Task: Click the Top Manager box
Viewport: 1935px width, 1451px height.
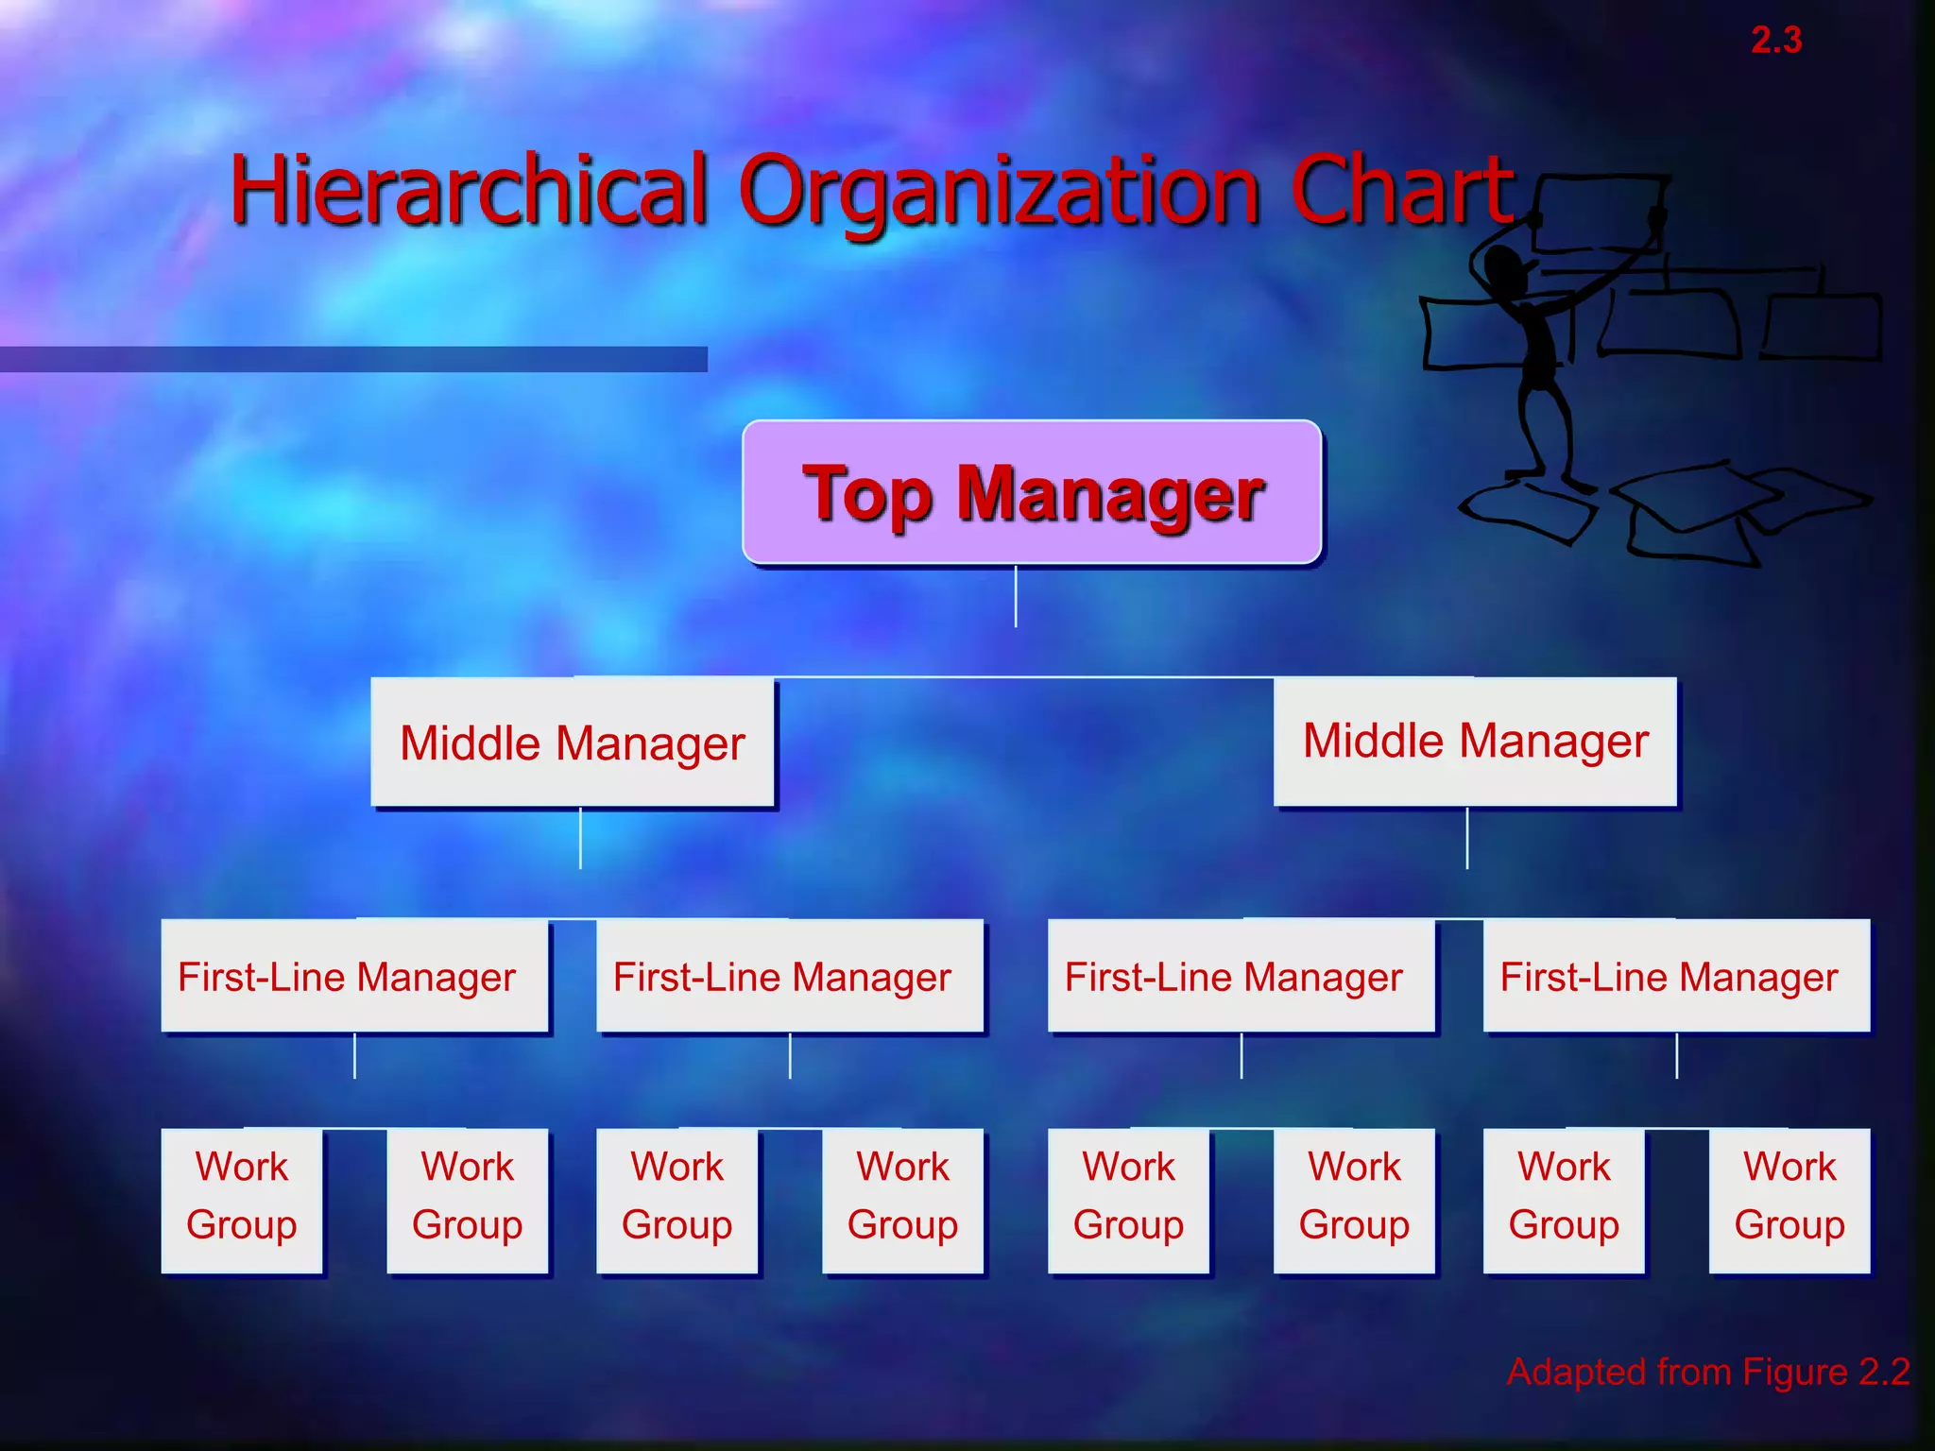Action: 1032,492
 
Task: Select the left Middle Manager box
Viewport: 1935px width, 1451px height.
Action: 573,743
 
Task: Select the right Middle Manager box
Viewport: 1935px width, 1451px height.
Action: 1475,741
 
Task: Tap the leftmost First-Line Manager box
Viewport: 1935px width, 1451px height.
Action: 354,976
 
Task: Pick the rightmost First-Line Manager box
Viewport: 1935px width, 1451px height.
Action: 1676,976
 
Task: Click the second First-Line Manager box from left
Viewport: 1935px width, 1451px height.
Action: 790,976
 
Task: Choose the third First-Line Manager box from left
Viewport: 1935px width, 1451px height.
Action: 1241,976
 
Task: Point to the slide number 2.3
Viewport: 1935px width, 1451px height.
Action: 1776,41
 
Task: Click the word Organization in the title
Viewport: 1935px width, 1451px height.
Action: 999,192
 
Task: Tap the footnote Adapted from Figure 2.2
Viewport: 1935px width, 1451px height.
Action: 1708,1372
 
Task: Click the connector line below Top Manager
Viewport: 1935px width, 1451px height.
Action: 1016,596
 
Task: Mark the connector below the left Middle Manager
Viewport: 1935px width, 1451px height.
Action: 580,838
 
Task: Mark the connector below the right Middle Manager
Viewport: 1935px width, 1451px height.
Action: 1467,838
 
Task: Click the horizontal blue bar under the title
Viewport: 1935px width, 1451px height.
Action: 353,359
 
